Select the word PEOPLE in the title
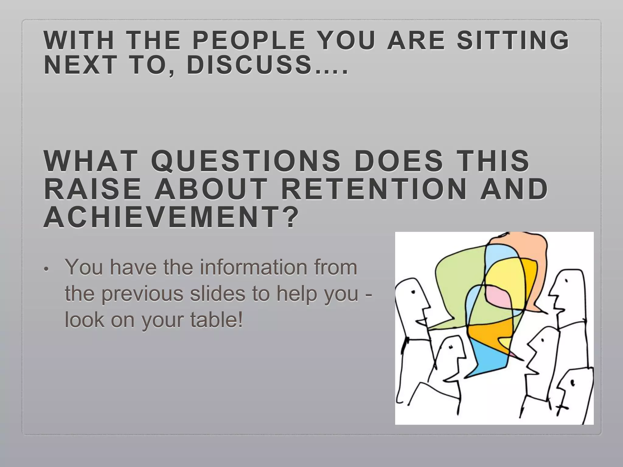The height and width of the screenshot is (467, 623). tap(249, 41)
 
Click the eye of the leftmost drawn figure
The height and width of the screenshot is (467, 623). tap(413, 292)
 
